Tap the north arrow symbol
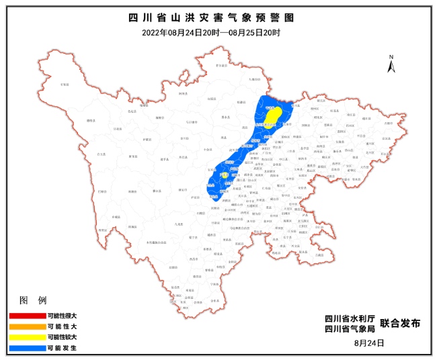coord(391,64)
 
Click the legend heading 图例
coord(32,299)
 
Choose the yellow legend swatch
coord(26,336)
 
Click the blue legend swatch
coord(26,348)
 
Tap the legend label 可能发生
coord(63,348)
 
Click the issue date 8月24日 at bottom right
coord(368,343)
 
